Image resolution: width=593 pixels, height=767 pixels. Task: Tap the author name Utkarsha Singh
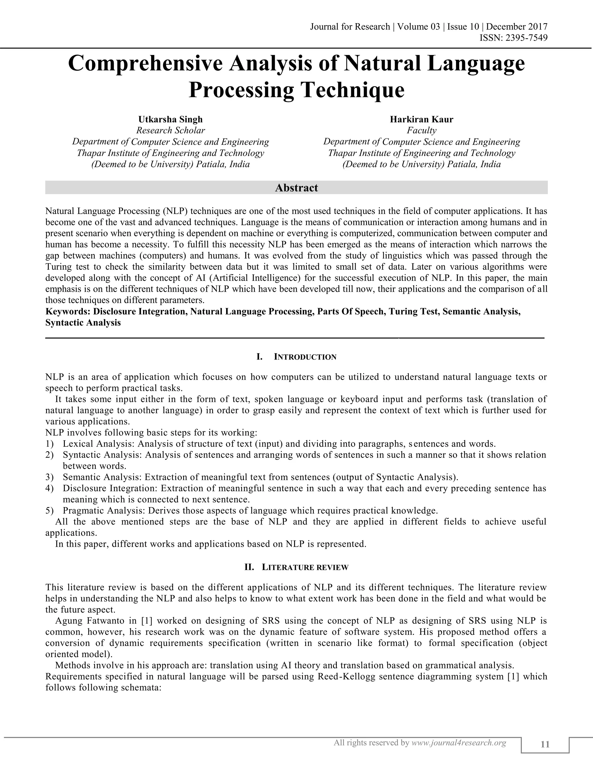coord(170,120)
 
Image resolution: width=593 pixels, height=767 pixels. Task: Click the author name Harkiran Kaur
coord(422,120)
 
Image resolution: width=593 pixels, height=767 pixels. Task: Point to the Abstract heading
coord(296,188)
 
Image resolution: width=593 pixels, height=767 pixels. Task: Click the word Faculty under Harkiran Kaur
coord(422,131)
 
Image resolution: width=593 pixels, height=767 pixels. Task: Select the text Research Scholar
coord(170,131)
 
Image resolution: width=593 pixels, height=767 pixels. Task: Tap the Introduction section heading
coord(305,357)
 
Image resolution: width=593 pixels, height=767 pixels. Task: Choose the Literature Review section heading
coord(305,568)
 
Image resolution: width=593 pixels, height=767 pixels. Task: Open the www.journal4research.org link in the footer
coord(458,743)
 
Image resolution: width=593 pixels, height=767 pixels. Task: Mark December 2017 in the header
coord(517,27)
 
